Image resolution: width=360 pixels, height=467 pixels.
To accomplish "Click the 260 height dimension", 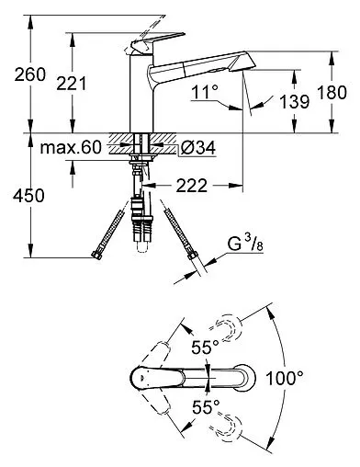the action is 29,74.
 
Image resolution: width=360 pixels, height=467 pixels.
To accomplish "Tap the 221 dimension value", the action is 72,84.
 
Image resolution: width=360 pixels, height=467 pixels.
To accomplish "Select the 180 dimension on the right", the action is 332,92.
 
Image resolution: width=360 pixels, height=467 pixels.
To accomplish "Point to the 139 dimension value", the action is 294,101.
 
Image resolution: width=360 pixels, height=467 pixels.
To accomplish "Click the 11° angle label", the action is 205,91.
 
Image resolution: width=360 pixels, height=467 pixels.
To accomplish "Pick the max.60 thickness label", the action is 71,147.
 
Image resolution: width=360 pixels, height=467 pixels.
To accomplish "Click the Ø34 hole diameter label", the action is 197,148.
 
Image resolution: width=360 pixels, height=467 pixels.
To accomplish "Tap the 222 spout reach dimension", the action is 191,186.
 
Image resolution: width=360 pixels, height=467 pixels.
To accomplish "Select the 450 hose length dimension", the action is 28,196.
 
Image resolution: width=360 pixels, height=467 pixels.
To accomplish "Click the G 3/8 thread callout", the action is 245,245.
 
